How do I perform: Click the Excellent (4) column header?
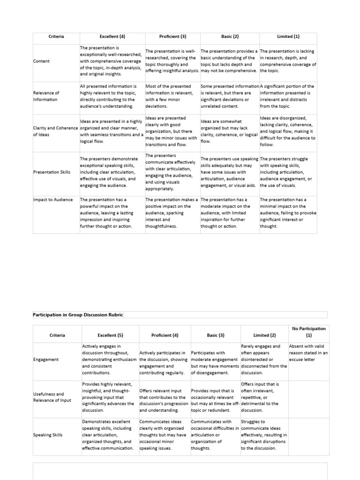pos(112,37)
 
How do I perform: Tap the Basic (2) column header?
pos(230,37)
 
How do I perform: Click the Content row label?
pos(41,61)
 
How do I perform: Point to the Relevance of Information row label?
pos(46,96)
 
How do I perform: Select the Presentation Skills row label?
pos(52,172)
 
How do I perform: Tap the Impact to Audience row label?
pos(52,200)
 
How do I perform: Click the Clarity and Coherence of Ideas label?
pos(55,131)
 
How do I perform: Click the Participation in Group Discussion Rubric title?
pos(78,315)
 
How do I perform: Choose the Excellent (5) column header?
pos(109,335)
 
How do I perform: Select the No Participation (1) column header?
pos(308,332)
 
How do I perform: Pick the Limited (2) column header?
pos(264,335)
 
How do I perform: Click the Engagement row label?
pos(46,360)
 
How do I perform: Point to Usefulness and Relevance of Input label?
pos(51,397)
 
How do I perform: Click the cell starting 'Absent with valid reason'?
pos(308,353)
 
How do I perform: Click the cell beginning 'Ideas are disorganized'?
pos(288,132)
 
